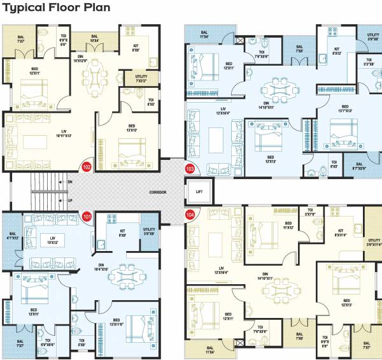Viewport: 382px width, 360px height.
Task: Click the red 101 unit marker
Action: click(87, 216)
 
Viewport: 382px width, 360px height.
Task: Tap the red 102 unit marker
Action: click(87, 168)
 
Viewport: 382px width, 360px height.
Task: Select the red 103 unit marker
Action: click(189, 168)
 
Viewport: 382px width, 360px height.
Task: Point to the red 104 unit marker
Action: click(189, 215)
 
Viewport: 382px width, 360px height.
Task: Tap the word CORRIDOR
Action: click(158, 192)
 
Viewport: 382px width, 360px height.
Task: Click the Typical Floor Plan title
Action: click(57, 8)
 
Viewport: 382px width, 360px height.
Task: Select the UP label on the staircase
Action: click(69, 201)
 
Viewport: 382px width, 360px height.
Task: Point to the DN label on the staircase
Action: click(69, 181)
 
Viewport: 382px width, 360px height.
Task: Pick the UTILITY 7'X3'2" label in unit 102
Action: click(140, 78)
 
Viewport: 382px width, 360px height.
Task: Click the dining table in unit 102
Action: click(97, 76)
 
